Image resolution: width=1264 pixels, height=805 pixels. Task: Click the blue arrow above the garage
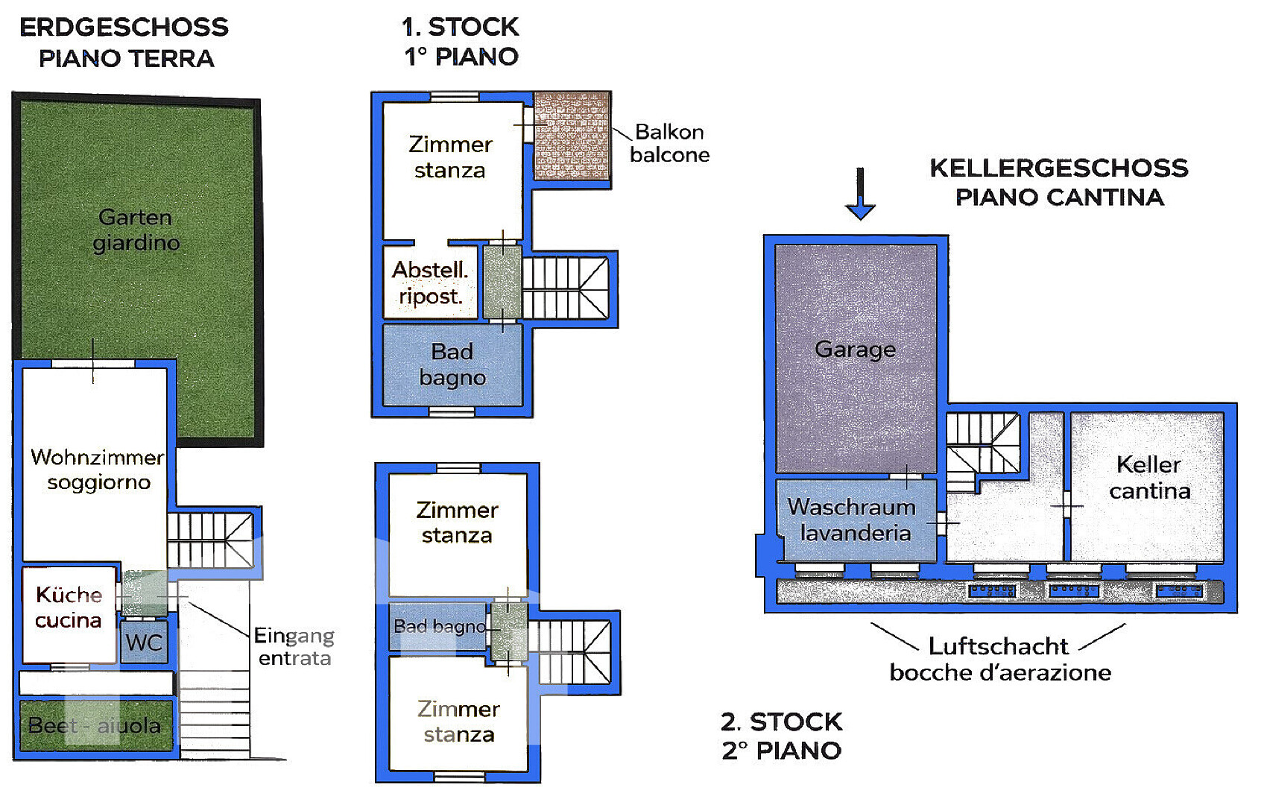pos(860,194)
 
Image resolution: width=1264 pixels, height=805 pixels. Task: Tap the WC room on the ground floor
pos(144,642)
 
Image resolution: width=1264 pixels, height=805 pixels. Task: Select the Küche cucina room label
pos(69,607)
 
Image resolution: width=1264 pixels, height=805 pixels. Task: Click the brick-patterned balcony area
pos(572,136)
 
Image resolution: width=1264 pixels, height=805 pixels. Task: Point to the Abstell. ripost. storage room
pos(430,282)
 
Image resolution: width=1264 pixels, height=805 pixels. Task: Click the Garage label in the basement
pos(855,350)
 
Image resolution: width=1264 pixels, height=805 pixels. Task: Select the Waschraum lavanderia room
pos(856,520)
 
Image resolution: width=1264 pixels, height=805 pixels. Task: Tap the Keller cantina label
pos(1149,478)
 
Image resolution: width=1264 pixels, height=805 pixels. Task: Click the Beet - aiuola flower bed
pos(96,725)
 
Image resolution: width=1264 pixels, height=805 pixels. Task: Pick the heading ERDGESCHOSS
pos(124,28)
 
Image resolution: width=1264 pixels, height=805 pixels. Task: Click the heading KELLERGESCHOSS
pos(1059,168)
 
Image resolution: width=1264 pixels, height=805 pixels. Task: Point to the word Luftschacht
pos(998,646)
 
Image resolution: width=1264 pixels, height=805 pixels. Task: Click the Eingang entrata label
pos(294,647)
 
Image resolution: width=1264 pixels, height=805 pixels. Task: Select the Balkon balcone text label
pos(669,143)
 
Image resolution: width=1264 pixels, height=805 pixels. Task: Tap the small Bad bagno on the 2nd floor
pos(437,627)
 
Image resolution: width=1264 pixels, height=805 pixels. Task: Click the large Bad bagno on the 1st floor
pos(452,364)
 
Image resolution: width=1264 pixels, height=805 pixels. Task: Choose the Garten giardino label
pos(136,230)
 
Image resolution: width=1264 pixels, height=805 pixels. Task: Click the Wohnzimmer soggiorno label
pos(98,470)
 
